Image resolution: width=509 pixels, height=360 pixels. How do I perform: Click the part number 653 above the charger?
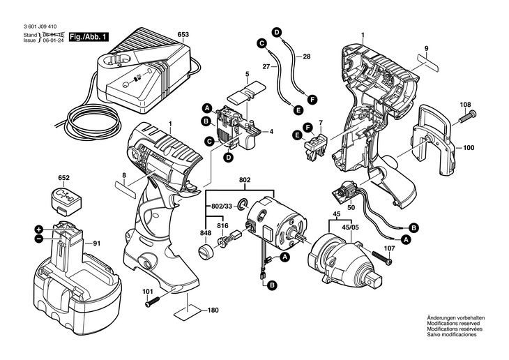[183, 34]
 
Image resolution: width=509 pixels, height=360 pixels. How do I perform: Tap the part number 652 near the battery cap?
[64, 179]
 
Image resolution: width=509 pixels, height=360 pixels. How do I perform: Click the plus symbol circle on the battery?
[40, 229]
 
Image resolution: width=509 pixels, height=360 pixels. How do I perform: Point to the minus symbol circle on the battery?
[40, 239]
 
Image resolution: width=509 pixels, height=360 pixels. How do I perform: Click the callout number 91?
[97, 243]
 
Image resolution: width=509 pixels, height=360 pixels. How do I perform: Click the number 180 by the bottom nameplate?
[213, 310]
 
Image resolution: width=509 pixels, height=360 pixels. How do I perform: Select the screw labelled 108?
[469, 117]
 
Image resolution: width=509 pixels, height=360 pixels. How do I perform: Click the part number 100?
[469, 148]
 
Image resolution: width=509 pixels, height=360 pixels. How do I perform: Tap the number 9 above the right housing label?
[424, 49]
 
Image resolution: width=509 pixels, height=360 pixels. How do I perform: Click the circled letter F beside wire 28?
[312, 99]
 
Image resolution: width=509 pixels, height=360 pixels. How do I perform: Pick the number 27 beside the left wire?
[266, 66]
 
